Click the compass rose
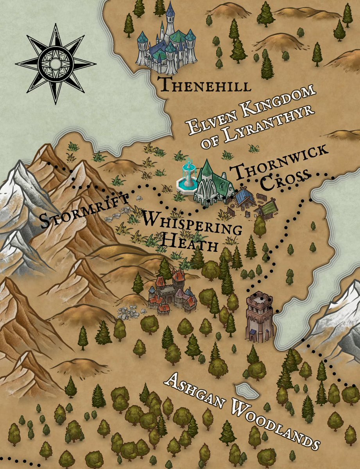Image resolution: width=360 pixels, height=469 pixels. pos(55,64)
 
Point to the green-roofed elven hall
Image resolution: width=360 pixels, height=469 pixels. pos(213,183)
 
